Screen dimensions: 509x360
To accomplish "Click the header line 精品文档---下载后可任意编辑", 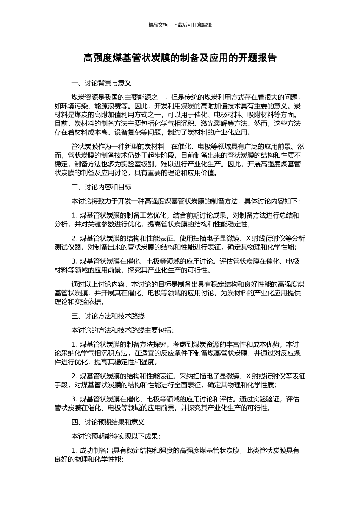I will coord(180,25).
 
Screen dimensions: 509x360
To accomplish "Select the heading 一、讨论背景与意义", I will coord(101,83).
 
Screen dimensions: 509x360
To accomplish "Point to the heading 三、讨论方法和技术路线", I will coord(108,316).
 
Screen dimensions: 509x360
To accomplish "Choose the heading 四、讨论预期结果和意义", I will coord(108,422).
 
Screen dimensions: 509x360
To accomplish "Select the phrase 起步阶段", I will coord(157,155).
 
